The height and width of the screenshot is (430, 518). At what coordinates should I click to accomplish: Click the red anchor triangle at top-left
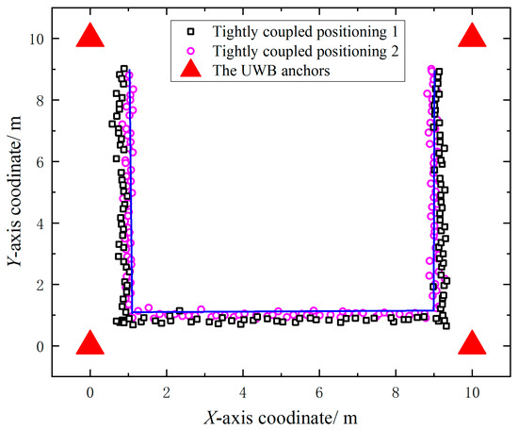click(90, 37)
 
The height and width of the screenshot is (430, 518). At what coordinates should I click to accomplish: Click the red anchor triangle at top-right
click(473, 37)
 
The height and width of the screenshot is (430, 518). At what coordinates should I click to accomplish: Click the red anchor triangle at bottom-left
click(90, 344)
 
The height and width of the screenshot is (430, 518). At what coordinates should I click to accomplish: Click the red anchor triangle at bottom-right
click(473, 344)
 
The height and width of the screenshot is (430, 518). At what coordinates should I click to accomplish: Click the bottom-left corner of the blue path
click(131, 310)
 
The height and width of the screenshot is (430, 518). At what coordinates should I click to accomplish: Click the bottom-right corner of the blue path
click(433, 310)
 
